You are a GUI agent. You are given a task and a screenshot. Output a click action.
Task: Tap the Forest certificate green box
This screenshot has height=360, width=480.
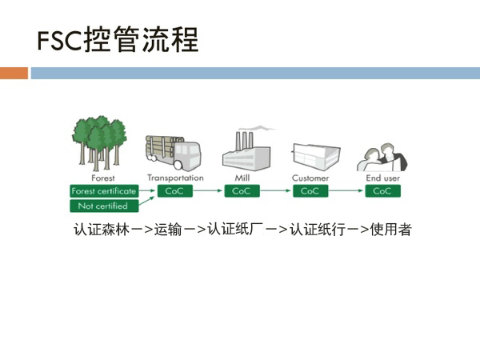coord(104,191)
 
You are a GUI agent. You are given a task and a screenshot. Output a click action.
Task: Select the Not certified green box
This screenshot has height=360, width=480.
coord(104,206)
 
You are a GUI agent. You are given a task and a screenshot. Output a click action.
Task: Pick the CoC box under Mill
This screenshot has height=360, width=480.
coord(242,191)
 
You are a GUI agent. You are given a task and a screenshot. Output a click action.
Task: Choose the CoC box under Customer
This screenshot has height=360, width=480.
coord(310,191)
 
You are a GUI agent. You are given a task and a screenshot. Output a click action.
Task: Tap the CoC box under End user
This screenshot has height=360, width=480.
coord(382,191)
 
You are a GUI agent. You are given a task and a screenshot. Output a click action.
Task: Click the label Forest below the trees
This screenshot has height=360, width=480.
coord(103,178)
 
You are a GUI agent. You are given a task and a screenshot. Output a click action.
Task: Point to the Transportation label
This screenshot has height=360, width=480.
coord(175,178)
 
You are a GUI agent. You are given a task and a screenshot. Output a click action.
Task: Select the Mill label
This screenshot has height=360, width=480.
coord(242,178)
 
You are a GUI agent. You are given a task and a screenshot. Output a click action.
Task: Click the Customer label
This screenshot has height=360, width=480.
coord(310,178)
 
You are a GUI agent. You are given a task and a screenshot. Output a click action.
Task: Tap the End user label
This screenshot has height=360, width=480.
coord(382,178)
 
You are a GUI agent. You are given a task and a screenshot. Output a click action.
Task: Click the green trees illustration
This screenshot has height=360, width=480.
coord(102,142)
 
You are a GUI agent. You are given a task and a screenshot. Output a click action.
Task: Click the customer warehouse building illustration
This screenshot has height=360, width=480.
coord(312,156)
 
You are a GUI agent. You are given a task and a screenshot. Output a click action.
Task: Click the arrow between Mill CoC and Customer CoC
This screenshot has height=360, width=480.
coord(276,191)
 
